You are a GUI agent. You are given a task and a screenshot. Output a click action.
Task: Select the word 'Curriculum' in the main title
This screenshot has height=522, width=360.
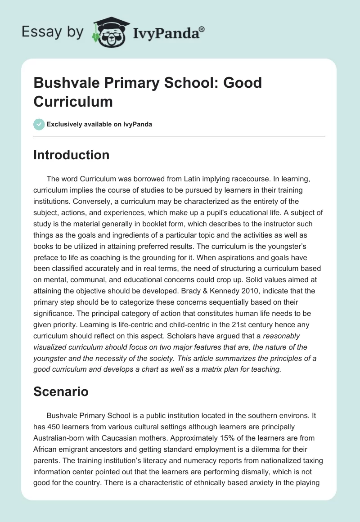click(x=73, y=101)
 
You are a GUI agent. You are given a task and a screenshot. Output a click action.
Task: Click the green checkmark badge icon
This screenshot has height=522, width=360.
click(x=39, y=124)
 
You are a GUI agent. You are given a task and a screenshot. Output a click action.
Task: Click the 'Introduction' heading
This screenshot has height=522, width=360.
click(x=72, y=155)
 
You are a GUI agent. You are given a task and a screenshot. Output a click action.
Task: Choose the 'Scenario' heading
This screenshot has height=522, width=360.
click(x=61, y=391)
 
